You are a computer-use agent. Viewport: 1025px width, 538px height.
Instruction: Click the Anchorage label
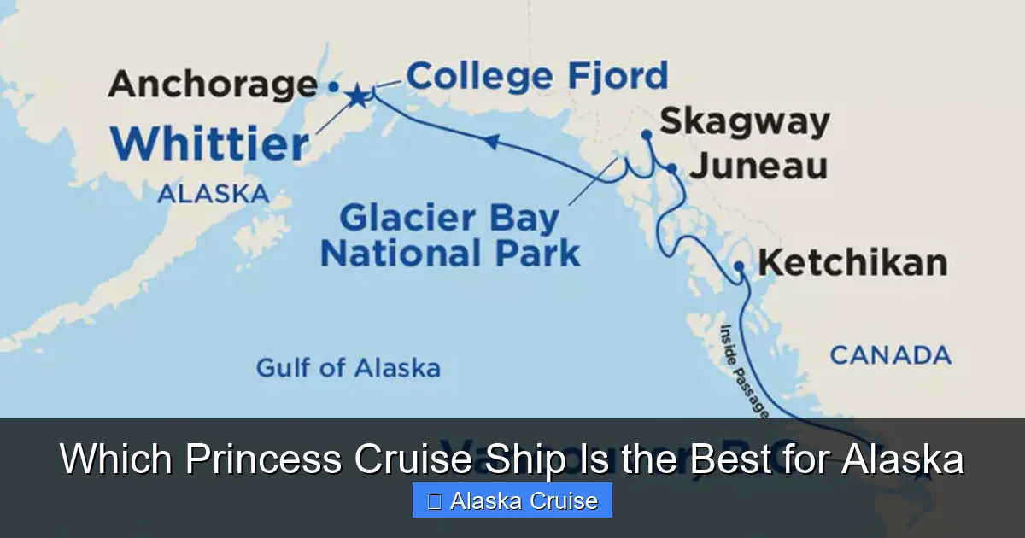coord(213,85)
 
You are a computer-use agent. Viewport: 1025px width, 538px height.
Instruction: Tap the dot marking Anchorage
coord(333,86)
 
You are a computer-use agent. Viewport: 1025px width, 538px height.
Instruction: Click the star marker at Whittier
coord(357,96)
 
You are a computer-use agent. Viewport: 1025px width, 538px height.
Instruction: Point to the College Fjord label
coord(536,77)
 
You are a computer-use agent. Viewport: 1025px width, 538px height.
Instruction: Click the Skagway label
coord(744,121)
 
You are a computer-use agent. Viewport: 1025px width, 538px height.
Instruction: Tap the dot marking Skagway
coord(647,134)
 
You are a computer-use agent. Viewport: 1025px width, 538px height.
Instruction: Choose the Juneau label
coord(758,167)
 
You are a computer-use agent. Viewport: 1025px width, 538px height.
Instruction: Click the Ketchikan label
coord(852,262)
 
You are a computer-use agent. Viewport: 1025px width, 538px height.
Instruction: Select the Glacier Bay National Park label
coord(450,237)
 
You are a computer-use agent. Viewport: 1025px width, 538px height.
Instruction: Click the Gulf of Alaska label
coord(348,368)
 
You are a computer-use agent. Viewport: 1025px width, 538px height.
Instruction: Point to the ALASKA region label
coord(213,194)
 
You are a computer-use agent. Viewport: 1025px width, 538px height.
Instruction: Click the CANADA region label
coord(890,354)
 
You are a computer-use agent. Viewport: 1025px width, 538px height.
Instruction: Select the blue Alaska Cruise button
coord(512,500)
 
